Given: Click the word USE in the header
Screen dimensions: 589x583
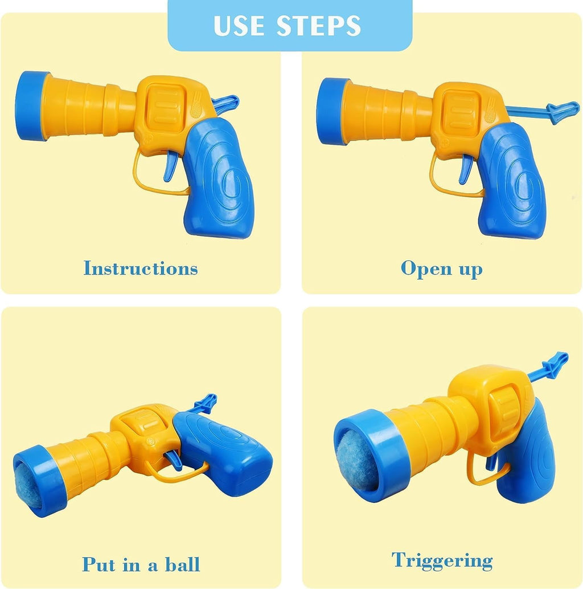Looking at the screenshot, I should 240,26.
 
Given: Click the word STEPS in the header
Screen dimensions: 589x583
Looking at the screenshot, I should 319,26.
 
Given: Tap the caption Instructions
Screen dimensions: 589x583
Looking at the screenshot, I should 141,268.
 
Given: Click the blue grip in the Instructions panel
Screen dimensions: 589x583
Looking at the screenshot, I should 220,182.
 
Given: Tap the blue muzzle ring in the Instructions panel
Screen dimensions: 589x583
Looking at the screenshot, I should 31,106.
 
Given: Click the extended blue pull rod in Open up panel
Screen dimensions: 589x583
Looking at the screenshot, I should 541,110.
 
